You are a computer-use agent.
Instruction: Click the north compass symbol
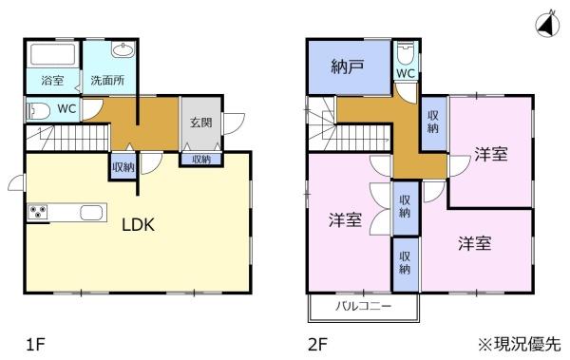tap(547, 24)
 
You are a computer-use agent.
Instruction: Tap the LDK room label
tap(138, 225)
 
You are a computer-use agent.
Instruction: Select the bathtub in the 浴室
tap(53, 54)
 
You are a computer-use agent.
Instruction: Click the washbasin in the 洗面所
tap(123, 49)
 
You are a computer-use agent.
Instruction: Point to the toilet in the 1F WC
tap(38, 110)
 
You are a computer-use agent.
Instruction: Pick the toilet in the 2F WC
tap(406, 53)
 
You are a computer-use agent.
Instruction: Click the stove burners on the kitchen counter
tap(38, 211)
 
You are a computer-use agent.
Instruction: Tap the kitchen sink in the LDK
tap(91, 213)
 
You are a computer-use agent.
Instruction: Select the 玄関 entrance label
tap(201, 123)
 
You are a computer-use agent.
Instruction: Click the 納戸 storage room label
tap(348, 66)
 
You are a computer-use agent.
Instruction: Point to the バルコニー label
tap(364, 306)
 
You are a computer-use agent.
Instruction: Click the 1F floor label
tap(35, 344)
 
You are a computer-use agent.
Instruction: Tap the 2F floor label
tap(317, 344)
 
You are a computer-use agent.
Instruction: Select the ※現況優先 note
tap(520, 344)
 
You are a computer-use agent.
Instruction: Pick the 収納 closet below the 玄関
tap(201, 160)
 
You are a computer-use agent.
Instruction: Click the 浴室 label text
tap(52, 80)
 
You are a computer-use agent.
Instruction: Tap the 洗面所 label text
tap(107, 80)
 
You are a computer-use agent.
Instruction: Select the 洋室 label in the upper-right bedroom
tap(491, 154)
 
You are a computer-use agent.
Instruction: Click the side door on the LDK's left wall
tap(16, 183)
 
